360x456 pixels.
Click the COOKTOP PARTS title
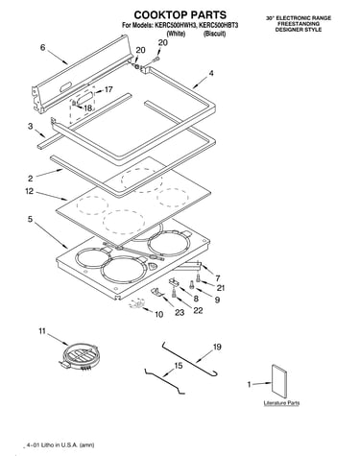pos(180,15)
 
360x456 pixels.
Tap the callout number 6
pos(43,48)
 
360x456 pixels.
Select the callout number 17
pos(108,89)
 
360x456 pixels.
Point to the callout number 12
pos(30,191)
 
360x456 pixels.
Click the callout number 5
pos(30,220)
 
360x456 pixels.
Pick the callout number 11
pos(42,331)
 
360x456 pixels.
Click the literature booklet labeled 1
pos(279,382)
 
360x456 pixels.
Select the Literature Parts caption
pos(281,402)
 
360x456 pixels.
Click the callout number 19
pos(217,347)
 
